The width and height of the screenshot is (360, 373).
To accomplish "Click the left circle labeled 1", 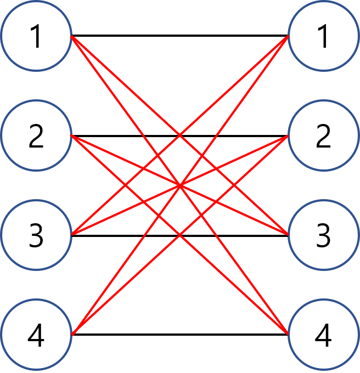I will pos(36,36).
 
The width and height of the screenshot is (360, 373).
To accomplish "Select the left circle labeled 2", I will pos(36,136).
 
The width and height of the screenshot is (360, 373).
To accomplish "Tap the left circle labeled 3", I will pos(36,235).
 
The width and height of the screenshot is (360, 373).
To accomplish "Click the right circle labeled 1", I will pos(324,36).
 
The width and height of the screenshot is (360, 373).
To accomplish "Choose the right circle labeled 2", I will pos(324,136).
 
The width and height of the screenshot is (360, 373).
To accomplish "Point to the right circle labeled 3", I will pos(324,235).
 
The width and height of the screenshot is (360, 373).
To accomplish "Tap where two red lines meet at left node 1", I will pos(72,37).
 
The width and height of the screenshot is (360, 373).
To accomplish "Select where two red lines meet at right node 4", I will pos(288,334).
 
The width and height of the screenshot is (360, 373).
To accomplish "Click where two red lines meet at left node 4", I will pos(72,334).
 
